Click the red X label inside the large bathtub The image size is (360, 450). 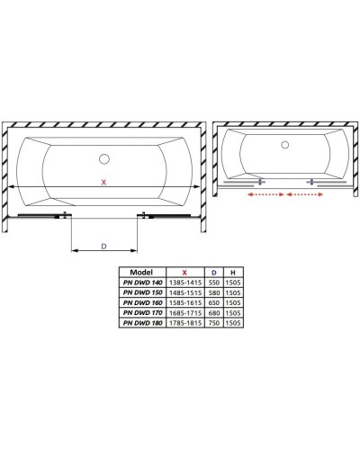click(x=104, y=182)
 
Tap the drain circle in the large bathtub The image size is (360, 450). click(x=104, y=160)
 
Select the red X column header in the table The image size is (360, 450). click(x=184, y=271)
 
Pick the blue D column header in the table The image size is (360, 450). click(x=213, y=271)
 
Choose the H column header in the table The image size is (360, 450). click(x=234, y=271)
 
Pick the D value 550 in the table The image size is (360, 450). click(x=213, y=282)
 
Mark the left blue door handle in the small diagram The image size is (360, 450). click(x=261, y=182)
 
